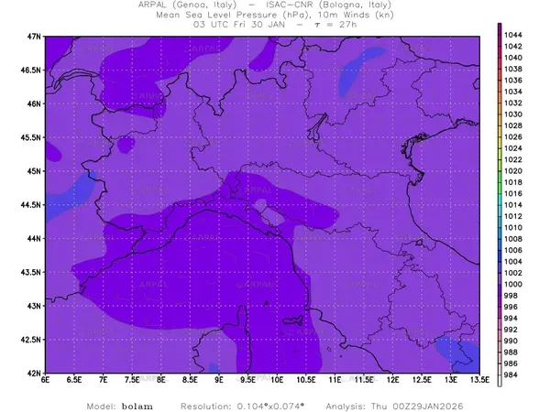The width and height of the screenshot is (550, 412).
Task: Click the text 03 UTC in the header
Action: click(x=211, y=25)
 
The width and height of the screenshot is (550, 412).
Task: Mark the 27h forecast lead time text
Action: click(x=344, y=25)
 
